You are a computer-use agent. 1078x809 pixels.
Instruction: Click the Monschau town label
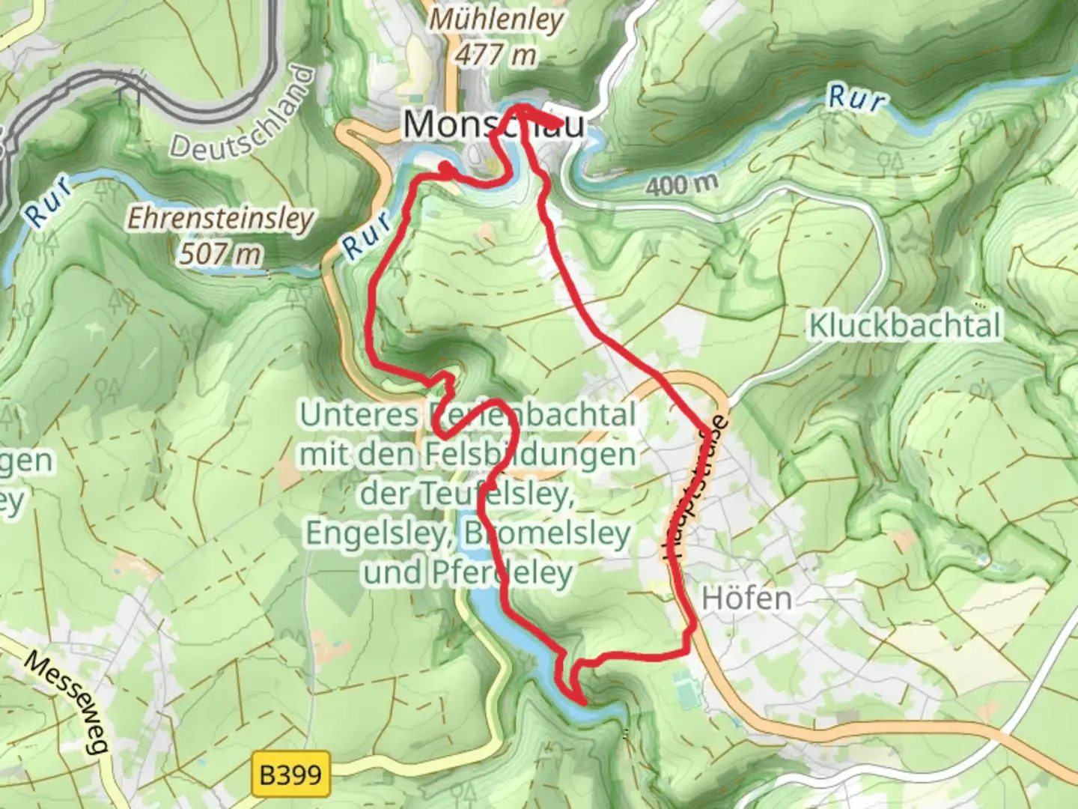(x=493, y=124)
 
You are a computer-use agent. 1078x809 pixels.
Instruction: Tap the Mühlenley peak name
(x=496, y=19)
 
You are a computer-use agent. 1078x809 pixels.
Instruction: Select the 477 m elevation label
(x=496, y=54)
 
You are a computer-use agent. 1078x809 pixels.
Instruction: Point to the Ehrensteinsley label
(x=220, y=219)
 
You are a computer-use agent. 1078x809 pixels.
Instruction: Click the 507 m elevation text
(x=219, y=254)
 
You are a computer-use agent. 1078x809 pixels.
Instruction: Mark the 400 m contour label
(x=682, y=184)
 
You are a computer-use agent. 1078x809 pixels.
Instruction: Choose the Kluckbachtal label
(x=904, y=326)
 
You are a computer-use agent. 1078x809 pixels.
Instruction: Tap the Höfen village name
(x=746, y=599)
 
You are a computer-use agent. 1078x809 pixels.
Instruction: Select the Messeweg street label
(x=67, y=700)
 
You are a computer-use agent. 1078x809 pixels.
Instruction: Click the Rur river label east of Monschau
(x=856, y=98)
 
